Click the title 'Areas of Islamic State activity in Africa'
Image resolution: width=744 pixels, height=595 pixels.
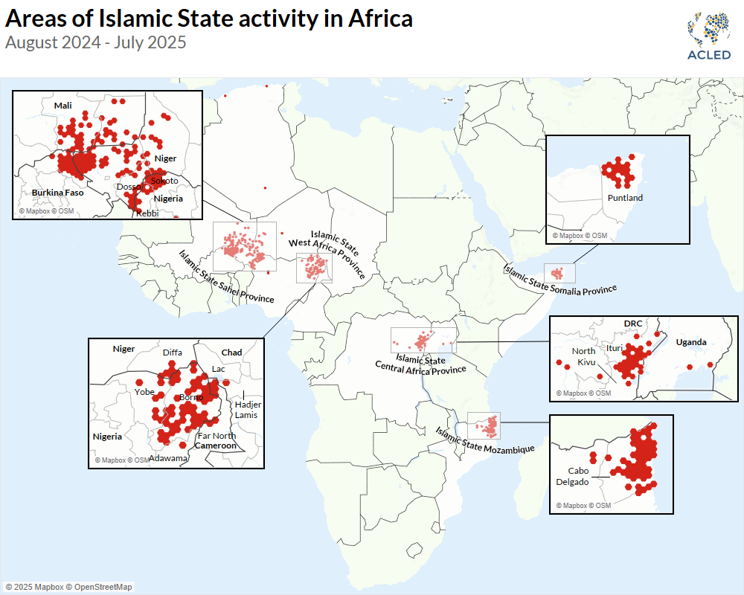click(x=208, y=19)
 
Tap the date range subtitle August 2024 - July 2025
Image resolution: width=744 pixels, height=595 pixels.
click(x=95, y=42)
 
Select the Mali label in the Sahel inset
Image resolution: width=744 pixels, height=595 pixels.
click(x=62, y=106)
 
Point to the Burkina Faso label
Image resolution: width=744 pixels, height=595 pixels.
click(x=57, y=192)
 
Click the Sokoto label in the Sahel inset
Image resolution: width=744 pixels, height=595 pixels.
click(x=164, y=181)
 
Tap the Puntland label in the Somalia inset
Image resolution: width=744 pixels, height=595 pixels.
click(x=625, y=198)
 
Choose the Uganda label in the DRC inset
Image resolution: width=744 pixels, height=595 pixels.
click(x=691, y=342)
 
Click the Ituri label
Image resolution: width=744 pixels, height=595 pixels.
click(x=615, y=347)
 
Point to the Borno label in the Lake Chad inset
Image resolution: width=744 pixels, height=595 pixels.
click(x=191, y=397)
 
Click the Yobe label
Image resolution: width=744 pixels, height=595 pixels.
click(x=144, y=391)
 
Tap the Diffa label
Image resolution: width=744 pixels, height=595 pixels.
click(x=173, y=353)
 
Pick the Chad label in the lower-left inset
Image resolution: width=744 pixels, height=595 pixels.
click(x=231, y=352)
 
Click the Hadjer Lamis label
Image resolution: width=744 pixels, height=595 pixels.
click(x=246, y=410)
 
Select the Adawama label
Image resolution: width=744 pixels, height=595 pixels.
click(x=168, y=458)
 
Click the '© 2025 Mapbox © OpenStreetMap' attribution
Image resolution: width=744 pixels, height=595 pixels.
click(x=68, y=588)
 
